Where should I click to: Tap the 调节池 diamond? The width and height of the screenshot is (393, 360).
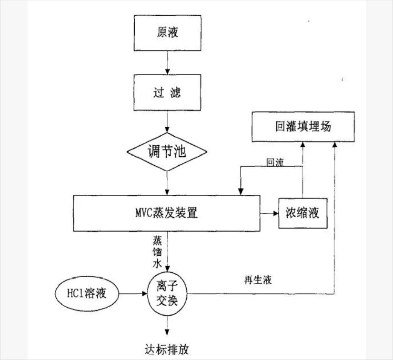point(167,153)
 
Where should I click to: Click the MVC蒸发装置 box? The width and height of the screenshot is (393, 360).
point(166,213)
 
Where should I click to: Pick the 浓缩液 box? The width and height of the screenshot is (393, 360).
point(302,213)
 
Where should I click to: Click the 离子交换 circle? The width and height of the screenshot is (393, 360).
point(167,293)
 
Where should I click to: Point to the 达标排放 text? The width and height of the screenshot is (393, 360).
point(167,349)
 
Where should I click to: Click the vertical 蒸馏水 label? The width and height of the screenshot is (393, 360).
point(158,250)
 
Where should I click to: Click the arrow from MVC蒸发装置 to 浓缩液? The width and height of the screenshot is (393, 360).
point(270,213)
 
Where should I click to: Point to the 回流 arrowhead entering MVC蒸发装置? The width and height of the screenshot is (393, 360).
point(240,191)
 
